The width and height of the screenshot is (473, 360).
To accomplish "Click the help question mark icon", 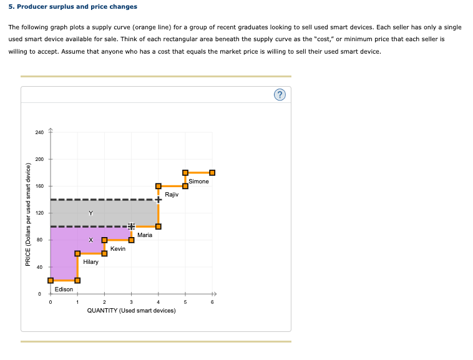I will (x=280, y=95).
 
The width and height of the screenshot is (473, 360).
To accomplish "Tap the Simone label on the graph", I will (x=198, y=181).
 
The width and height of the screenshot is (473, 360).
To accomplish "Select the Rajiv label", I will (x=172, y=195).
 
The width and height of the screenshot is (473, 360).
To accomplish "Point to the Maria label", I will (x=145, y=235).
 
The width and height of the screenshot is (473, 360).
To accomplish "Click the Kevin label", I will (x=117, y=248).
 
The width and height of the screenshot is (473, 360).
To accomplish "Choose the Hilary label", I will (x=90, y=262).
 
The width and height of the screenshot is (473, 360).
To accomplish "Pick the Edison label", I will (x=64, y=289).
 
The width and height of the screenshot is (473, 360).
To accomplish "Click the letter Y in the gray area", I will (x=90, y=213).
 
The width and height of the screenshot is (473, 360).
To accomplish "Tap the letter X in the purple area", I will (x=90, y=240).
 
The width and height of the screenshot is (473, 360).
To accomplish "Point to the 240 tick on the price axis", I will (x=39, y=133).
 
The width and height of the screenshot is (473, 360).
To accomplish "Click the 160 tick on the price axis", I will (x=39, y=187).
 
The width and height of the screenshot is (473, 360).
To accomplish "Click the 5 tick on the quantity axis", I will (x=185, y=303).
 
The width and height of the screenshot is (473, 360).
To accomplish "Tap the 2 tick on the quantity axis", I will (x=104, y=303).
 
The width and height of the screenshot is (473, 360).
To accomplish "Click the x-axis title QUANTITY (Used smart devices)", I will (x=131, y=311).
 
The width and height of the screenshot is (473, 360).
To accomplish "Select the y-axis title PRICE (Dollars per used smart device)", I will (x=27, y=213).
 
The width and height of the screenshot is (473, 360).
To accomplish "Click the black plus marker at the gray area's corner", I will (x=158, y=200).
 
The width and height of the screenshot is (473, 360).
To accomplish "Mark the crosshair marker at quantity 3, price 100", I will (x=131, y=226).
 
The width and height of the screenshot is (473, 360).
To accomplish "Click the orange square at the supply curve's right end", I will (x=212, y=173).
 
